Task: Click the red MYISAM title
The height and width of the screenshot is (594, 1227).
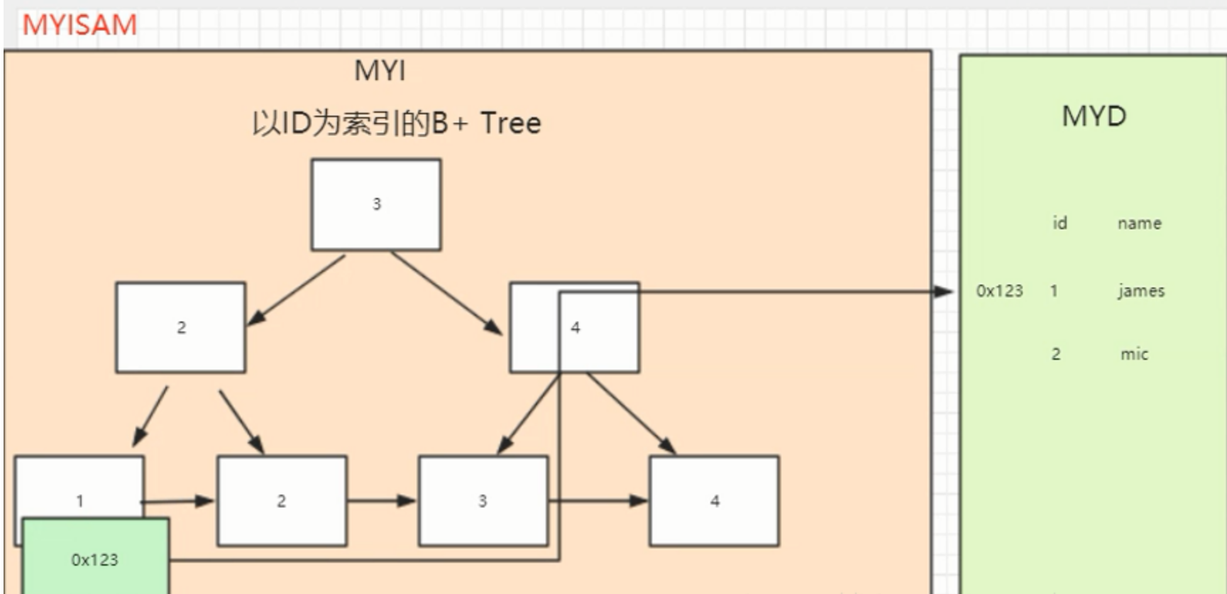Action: click(79, 26)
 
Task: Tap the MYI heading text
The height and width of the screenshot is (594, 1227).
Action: click(380, 71)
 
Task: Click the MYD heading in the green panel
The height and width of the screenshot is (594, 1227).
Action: click(1094, 116)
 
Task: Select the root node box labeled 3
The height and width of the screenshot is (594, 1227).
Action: click(376, 204)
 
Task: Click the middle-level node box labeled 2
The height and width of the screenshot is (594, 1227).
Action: click(181, 327)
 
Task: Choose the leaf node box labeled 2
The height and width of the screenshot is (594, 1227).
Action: click(282, 501)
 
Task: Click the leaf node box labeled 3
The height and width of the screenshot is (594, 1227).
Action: click(483, 501)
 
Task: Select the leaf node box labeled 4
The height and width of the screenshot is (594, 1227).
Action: click(714, 501)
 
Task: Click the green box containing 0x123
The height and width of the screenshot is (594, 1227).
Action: click(95, 559)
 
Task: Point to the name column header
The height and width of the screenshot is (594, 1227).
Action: click(1139, 224)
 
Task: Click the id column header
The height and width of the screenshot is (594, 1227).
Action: click(1060, 224)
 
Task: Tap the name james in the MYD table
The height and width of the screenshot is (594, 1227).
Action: click(1141, 291)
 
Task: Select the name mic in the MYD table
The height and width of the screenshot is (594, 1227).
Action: click(1134, 354)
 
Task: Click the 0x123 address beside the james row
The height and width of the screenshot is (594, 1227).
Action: click(999, 291)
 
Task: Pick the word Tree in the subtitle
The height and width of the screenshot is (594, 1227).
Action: click(510, 123)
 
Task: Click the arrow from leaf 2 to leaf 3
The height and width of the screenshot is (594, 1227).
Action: click(382, 501)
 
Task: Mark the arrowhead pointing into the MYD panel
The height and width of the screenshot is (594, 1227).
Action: click(945, 291)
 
